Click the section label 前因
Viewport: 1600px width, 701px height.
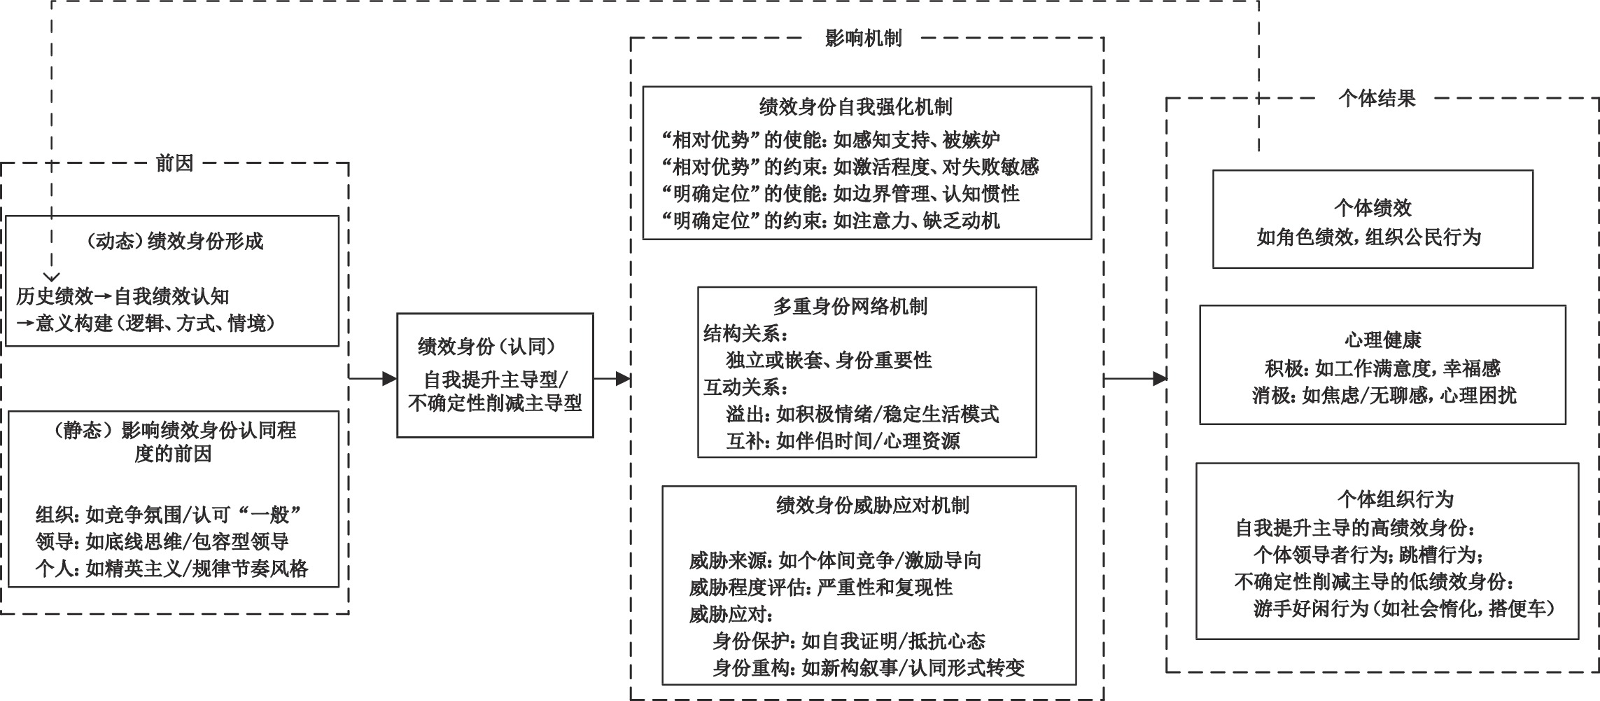click(x=174, y=164)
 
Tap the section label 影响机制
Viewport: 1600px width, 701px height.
click(x=864, y=39)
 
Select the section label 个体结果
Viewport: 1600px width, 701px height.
click(x=1377, y=99)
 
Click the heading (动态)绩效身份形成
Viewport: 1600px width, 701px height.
click(x=174, y=242)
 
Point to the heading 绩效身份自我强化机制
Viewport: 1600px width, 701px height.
click(x=856, y=107)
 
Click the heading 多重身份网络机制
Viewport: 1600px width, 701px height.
click(x=850, y=306)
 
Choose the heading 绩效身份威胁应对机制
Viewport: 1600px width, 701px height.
click(x=873, y=506)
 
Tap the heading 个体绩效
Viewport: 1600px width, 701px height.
click(x=1373, y=208)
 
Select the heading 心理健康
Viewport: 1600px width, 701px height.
click(x=1382, y=340)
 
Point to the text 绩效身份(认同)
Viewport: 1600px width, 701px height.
click(x=488, y=346)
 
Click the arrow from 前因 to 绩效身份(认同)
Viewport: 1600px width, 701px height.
click(x=373, y=379)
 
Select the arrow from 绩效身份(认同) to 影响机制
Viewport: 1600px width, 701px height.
click(x=612, y=379)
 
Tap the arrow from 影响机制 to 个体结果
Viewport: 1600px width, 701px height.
click(x=1135, y=379)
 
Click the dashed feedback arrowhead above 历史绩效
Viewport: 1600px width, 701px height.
click(x=52, y=277)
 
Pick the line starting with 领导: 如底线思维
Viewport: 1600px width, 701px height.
click(x=162, y=541)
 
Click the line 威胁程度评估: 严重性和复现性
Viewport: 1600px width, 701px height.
click(x=821, y=587)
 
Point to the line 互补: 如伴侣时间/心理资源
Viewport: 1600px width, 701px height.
click(x=843, y=440)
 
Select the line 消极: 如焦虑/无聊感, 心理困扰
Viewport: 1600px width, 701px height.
click(x=1384, y=396)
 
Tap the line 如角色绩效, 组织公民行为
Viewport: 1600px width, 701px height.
click(x=1369, y=237)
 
